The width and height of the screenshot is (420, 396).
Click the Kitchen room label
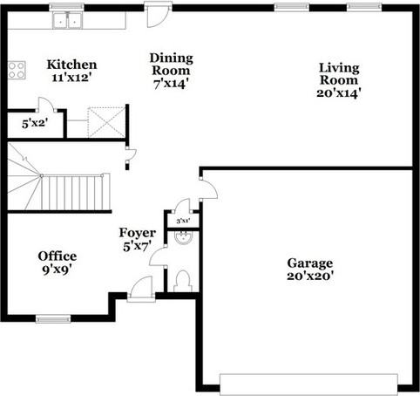(71, 65)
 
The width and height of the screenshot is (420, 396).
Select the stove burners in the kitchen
(16, 70)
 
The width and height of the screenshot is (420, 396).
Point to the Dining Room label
(172, 65)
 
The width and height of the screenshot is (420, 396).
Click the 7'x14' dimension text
(172, 84)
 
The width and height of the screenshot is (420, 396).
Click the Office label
(58, 256)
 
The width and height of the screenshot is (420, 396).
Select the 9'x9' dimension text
(58, 270)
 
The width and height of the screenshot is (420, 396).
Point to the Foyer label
(138, 233)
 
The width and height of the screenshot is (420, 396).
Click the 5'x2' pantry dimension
(34, 123)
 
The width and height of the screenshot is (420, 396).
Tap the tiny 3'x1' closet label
(183, 222)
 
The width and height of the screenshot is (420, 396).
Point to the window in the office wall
(53, 318)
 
